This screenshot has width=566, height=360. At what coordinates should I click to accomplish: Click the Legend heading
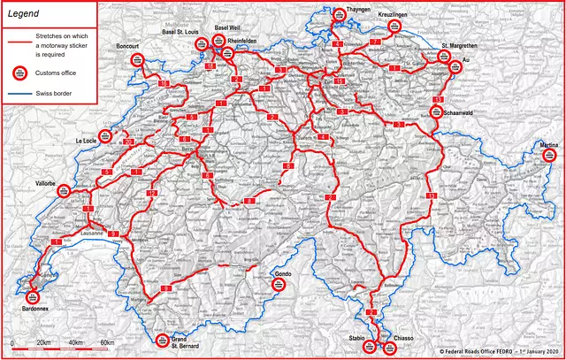(x=23, y=14)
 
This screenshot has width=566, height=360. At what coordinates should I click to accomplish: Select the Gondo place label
(x=283, y=274)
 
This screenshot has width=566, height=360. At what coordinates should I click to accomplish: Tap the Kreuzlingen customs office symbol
(x=395, y=28)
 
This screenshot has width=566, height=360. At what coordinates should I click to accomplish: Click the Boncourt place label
(x=127, y=45)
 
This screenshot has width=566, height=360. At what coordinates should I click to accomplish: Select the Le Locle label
(x=86, y=140)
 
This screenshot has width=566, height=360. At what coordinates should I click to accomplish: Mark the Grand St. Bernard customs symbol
(x=163, y=341)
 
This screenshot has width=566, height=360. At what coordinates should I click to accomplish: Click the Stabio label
(x=357, y=337)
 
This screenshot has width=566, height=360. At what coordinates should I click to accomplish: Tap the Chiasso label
(x=402, y=337)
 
